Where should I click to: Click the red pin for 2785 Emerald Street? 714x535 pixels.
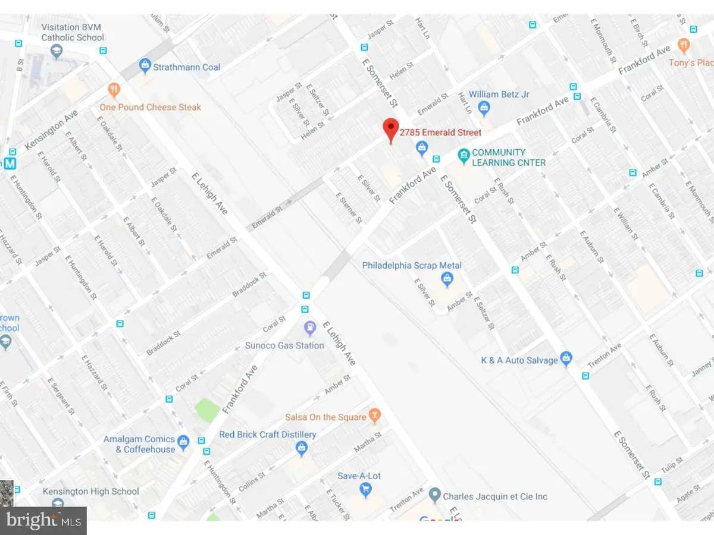pos(390,128)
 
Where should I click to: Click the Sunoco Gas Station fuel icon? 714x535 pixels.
pos(309,328)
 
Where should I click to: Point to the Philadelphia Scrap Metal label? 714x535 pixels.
pos(412,265)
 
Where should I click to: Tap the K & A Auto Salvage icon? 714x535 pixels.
pos(566,358)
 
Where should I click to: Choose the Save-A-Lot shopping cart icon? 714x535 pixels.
pos(365,489)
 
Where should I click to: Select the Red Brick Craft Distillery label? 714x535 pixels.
pos(268,435)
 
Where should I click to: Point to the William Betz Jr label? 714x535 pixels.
pos(499,95)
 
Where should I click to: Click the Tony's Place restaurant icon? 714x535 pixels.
pos(684,45)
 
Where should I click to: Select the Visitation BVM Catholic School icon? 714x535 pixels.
pos(57,52)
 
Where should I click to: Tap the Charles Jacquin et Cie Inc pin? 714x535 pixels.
pos(435,495)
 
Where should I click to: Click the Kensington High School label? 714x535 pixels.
pos(91,491)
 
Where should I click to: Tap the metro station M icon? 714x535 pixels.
pos(10,163)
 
